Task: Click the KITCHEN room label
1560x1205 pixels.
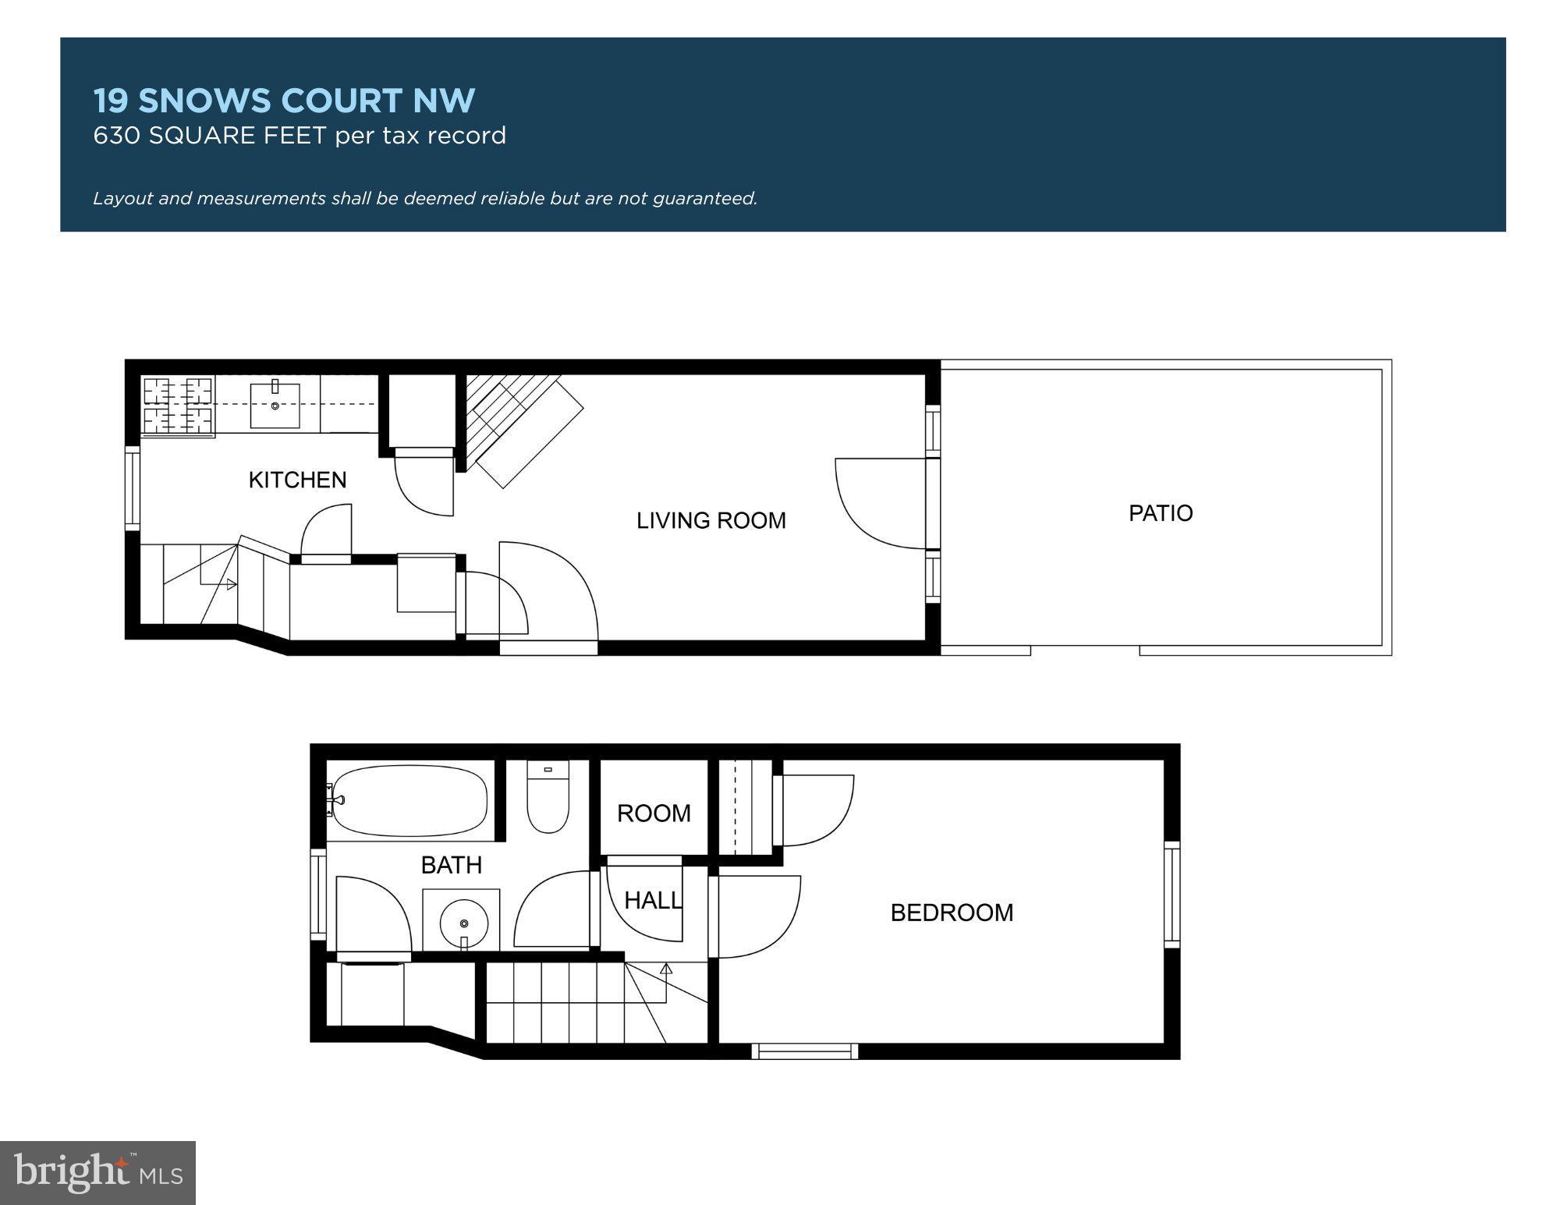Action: [x=297, y=480]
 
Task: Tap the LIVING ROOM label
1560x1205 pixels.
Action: [x=711, y=520]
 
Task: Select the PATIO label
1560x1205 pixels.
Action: [x=1160, y=513]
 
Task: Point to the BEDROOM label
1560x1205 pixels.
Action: [x=952, y=913]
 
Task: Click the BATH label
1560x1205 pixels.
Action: [x=451, y=865]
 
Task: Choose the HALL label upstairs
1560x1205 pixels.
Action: [x=653, y=901]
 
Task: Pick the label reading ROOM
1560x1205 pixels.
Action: [x=654, y=813]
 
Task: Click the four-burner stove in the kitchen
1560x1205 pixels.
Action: [x=179, y=406]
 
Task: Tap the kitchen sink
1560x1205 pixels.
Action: [x=275, y=406]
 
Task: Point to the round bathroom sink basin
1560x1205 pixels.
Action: [x=464, y=923]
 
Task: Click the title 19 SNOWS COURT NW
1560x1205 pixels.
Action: [x=284, y=101]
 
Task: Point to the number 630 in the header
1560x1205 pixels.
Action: [x=116, y=136]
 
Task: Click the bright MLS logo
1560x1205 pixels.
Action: [x=97, y=1172]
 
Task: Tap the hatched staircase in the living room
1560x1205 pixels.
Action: [x=515, y=425]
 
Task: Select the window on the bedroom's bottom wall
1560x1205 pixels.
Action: [x=805, y=1051]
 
